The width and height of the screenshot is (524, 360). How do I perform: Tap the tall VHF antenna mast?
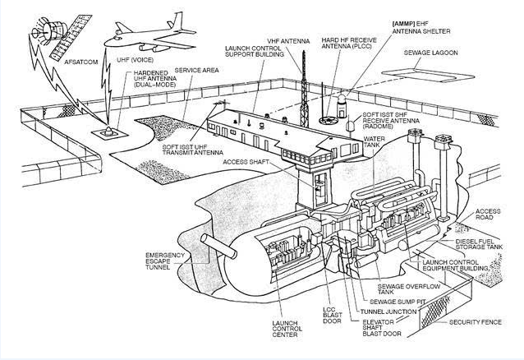tap(302, 90)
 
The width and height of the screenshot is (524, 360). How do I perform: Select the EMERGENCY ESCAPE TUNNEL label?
tap(163, 261)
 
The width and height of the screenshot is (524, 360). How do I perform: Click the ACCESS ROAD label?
tap(488, 215)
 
